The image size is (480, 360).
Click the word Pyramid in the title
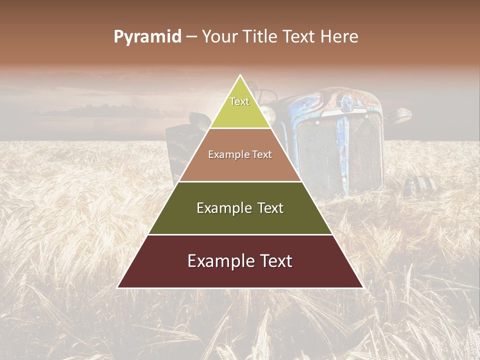point(147,37)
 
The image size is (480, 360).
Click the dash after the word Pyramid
point(191,37)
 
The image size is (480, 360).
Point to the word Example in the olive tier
point(220,208)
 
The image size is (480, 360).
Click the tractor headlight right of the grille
point(401,116)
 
